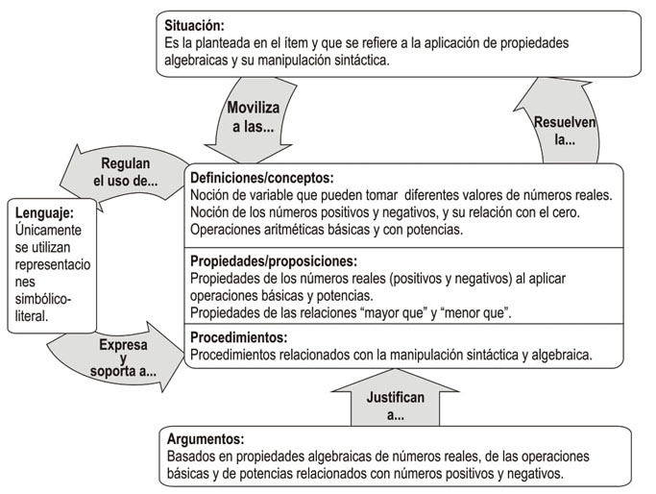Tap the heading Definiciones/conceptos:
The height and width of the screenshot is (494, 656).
coord(261,178)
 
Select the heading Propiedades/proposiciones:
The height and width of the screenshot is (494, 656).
coord(273,260)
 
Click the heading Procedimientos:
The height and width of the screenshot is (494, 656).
coord(238,337)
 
